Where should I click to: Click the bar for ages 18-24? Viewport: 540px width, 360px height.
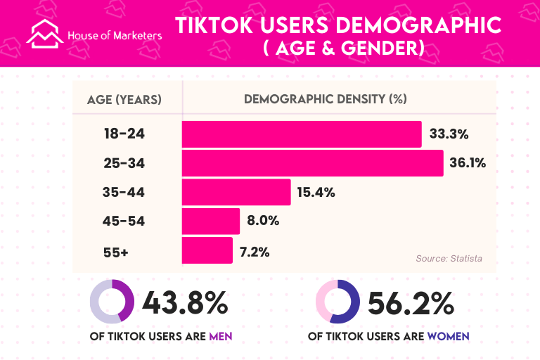click(x=302, y=134)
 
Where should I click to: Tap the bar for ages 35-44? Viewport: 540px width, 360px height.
click(x=236, y=192)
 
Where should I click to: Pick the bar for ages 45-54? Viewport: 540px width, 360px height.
click(x=211, y=221)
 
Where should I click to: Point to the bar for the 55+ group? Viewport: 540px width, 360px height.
click(x=207, y=250)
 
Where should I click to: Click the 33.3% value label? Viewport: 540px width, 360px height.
click(x=449, y=134)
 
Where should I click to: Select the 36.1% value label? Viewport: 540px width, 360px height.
click(x=468, y=163)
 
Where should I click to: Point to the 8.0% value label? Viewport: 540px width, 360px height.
click(x=263, y=221)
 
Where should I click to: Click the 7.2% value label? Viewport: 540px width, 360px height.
click(x=255, y=250)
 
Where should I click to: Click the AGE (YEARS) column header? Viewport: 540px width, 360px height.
click(x=124, y=99)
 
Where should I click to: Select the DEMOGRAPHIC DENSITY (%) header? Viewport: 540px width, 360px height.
click(x=326, y=99)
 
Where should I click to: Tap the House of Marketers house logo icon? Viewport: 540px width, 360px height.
click(x=45, y=32)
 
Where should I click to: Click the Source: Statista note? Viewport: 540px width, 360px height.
click(x=449, y=259)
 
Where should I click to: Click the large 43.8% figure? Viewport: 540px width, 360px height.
click(x=186, y=302)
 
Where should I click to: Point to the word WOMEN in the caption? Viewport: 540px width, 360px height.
click(x=449, y=337)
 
